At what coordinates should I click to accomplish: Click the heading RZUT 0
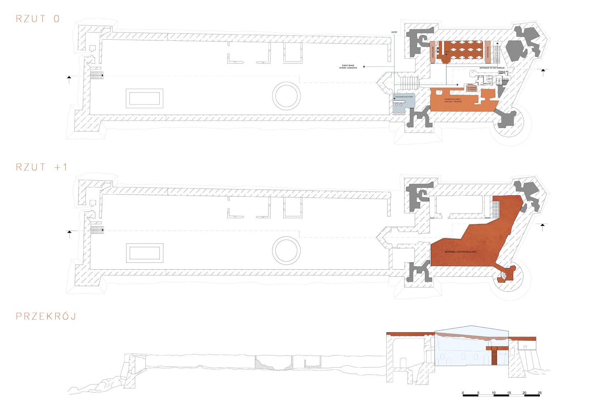tap(38, 19)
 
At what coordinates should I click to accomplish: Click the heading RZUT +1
tap(41, 167)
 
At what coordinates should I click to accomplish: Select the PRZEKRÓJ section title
tap(46, 316)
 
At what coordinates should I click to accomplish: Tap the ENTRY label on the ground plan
tap(394, 33)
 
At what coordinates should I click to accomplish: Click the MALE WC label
tap(487, 84)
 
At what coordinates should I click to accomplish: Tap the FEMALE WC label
tap(503, 72)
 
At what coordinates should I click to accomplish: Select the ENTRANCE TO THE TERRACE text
tap(492, 68)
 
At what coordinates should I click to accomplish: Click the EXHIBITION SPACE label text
tap(453, 100)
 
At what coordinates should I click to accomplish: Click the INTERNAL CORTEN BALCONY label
tap(461, 252)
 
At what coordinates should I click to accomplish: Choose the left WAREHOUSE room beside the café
tap(432, 53)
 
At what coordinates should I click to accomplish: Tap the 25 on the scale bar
tap(540, 393)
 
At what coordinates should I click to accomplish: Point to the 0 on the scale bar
tap(463, 393)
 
